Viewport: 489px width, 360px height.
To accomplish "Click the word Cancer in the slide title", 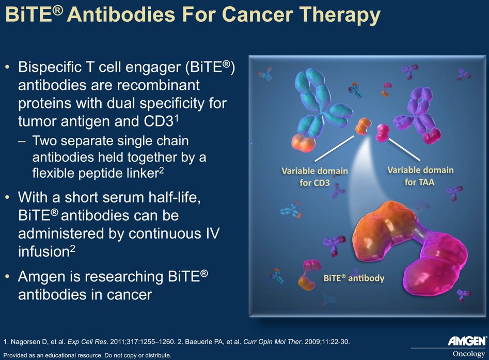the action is point(258,14).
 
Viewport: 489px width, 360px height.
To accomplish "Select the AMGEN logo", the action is point(467,341).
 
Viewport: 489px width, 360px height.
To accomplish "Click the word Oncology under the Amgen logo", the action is point(469,354).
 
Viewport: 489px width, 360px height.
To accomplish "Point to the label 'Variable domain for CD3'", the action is point(314,177).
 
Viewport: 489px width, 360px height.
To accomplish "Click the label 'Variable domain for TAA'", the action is point(420,176).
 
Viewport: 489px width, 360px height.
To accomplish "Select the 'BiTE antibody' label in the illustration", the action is point(354,278).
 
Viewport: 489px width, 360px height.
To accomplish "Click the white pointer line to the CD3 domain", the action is point(334,148).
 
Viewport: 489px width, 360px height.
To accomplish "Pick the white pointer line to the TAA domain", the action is point(404,149).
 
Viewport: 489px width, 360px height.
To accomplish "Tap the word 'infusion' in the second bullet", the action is point(44,252).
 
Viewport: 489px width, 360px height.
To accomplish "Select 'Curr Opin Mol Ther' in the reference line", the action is point(272,342).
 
